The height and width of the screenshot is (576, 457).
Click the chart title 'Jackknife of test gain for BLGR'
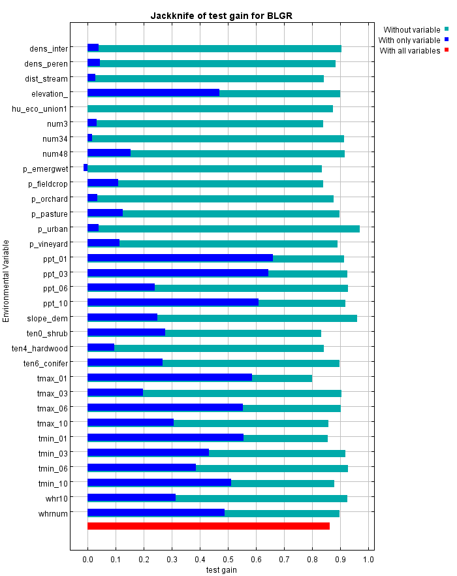coord(226,15)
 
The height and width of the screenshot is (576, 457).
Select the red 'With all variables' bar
coord(208,526)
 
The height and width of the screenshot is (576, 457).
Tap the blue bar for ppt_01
coord(180,259)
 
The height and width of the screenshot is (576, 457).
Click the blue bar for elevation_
coord(153,93)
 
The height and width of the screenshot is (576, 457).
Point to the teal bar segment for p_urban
coord(228,229)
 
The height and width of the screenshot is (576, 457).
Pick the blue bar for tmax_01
coord(170,378)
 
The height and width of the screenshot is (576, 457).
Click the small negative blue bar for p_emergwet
coord(86,168)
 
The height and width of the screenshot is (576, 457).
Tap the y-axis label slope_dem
coord(47,319)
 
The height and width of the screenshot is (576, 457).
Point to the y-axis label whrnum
coord(53,514)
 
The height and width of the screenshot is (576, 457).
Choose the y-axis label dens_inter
coord(48,48)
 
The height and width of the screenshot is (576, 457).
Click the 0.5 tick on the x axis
coord(228,560)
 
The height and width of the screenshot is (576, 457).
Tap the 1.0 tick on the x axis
coord(368,560)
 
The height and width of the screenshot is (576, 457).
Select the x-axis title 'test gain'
coord(221,570)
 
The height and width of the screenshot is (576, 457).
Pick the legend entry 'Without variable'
coord(411,29)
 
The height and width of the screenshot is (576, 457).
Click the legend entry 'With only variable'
coord(409,40)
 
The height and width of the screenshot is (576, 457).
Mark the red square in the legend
coord(447,50)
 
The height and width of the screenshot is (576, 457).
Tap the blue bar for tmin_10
coord(159,483)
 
